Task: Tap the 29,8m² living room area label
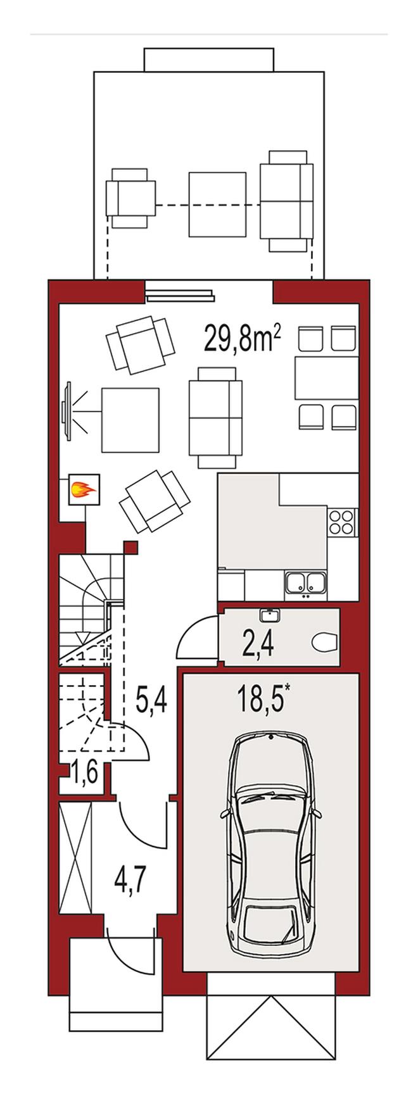pyautogui.click(x=243, y=339)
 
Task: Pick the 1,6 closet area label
pyautogui.click(x=84, y=773)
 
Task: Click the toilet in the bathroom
pyautogui.click(x=326, y=644)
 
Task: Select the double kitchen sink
pyautogui.click(x=306, y=583)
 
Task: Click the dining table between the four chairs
pyautogui.click(x=326, y=378)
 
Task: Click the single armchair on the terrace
pyautogui.click(x=131, y=198)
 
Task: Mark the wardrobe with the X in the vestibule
pyautogui.click(x=75, y=859)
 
